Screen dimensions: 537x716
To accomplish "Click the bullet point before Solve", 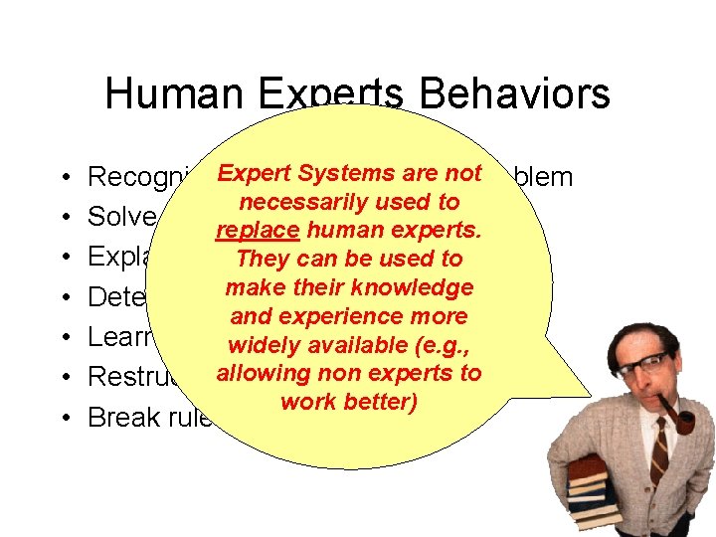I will (x=65, y=217).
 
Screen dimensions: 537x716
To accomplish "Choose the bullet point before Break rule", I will (x=65, y=418).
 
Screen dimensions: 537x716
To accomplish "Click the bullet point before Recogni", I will (x=65, y=177).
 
